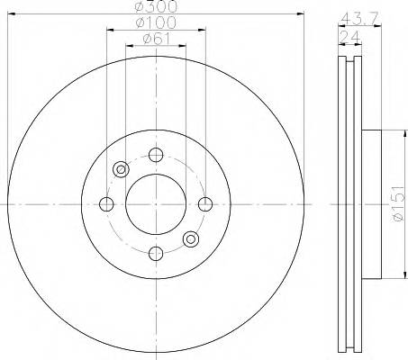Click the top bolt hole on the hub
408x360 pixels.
pyautogui.click(x=156, y=153)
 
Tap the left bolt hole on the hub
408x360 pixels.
pyautogui.click(x=107, y=202)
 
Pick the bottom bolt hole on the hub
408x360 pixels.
pyautogui.click(x=156, y=251)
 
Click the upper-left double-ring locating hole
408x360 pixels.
pyautogui.click(x=122, y=167)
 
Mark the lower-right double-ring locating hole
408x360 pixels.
pyautogui.click(x=190, y=238)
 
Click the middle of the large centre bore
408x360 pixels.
pyautogui.click(x=156, y=202)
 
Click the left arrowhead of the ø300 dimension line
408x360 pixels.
pyautogui.click(x=10, y=13)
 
